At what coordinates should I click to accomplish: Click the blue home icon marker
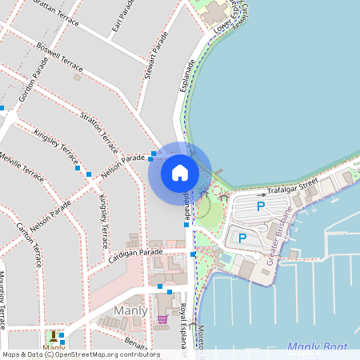tap(180, 172)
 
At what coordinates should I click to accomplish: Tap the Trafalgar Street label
tap(293, 187)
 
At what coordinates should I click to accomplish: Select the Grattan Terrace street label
tap(55, 13)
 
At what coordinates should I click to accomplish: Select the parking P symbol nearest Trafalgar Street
tap(260, 206)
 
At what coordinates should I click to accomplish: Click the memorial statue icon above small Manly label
tap(54, 336)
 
